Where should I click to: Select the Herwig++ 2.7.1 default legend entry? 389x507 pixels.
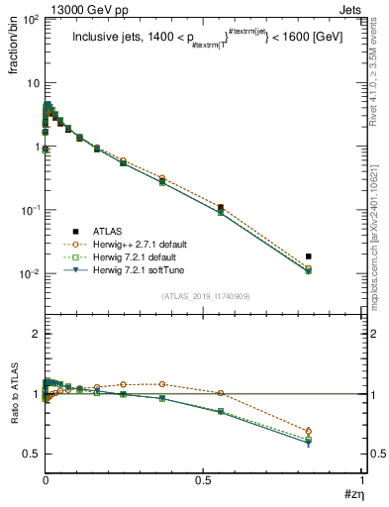tap(139, 244)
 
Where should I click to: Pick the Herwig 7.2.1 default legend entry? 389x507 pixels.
tap(134, 256)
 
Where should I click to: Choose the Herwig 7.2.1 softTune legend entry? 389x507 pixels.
tap(136, 269)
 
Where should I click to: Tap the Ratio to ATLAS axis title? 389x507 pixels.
tap(13, 400)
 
